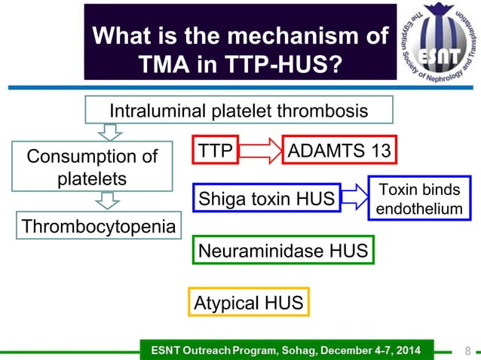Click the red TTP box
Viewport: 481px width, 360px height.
point(216,151)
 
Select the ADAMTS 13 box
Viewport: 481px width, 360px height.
point(339,151)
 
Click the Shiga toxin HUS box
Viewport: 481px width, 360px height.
point(266,199)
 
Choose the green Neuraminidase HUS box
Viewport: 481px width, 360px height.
point(282,249)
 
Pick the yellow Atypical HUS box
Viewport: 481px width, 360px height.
point(249,303)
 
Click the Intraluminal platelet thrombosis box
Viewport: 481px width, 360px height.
point(239,111)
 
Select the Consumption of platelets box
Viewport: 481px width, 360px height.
point(93,168)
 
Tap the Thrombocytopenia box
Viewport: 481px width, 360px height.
point(97,227)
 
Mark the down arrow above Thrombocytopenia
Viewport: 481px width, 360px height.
point(109,200)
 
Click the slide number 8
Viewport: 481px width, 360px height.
point(467,350)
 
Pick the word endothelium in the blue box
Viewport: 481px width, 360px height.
point(419,208)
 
